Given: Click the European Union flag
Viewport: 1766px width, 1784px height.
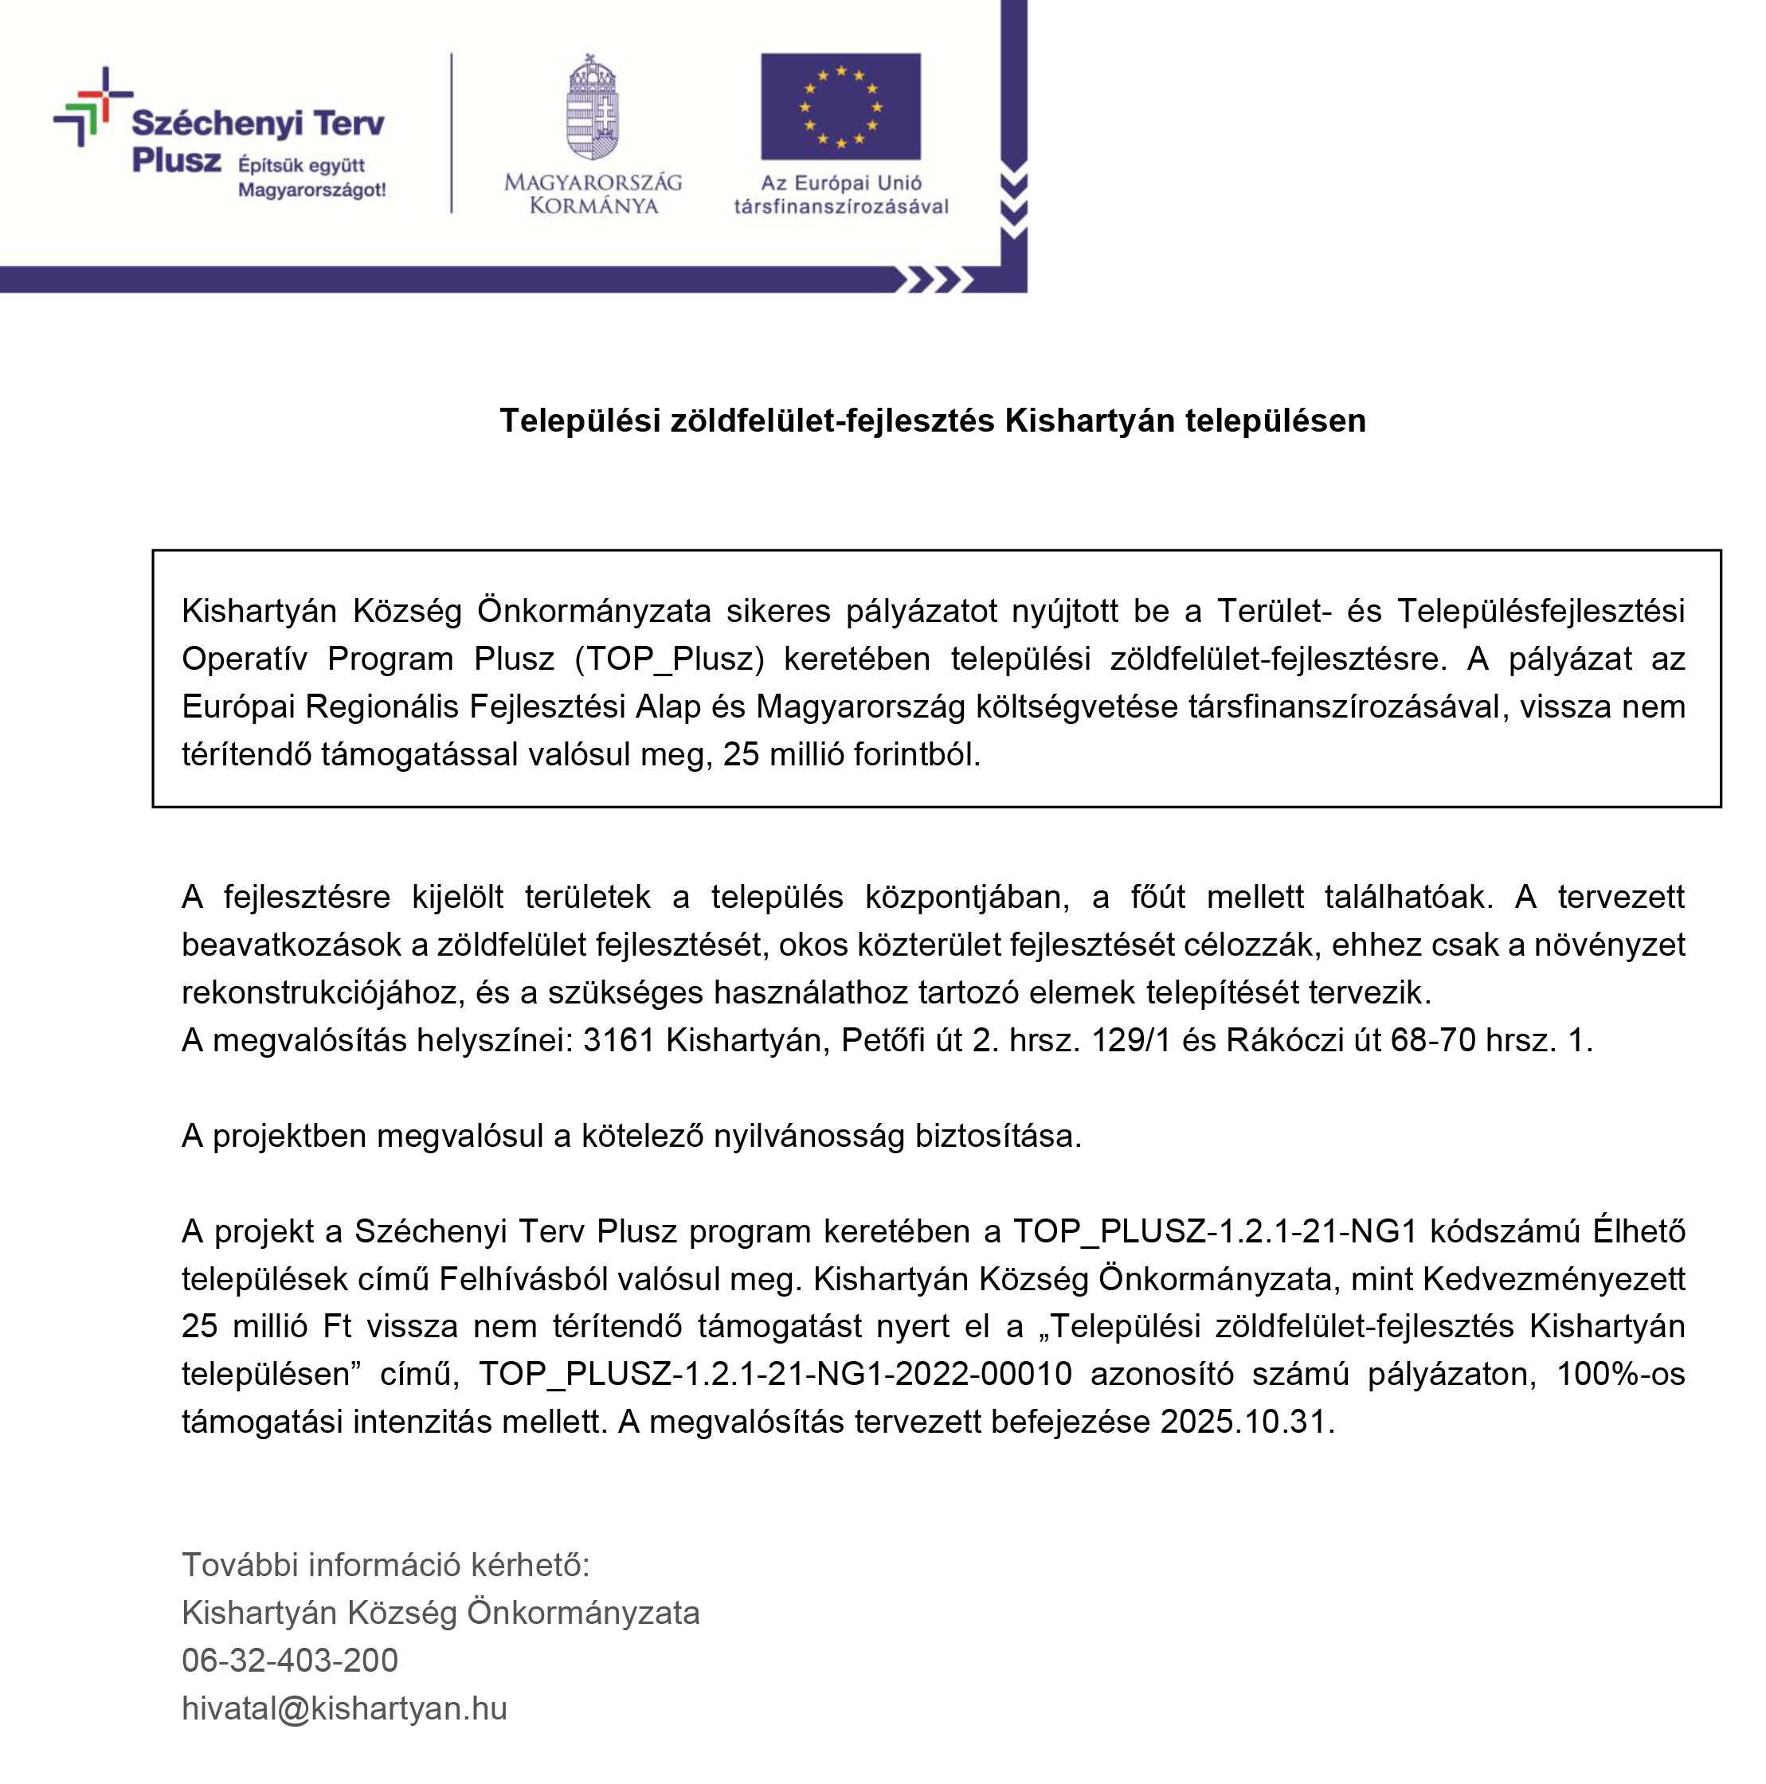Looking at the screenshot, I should click(840, 106).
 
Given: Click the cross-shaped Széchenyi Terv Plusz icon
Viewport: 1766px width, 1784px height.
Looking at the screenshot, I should click(92, 105).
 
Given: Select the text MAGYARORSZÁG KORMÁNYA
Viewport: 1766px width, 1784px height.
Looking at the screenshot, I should click(593, 194).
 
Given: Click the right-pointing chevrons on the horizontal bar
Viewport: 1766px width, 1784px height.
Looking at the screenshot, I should click(934, 280).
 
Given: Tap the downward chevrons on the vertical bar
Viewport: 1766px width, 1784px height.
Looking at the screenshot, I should click(1013, 201).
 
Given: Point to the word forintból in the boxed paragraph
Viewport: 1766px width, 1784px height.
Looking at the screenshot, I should click(915, 754).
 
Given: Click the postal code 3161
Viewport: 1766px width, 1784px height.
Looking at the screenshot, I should click(618, 1041).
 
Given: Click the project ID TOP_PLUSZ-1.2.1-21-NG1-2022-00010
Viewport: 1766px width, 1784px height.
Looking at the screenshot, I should click(775, 1374).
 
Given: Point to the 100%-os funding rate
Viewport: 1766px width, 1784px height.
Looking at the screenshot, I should click(1620, 1374).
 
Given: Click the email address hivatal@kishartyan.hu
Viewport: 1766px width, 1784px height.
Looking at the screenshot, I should click(345, 1708).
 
